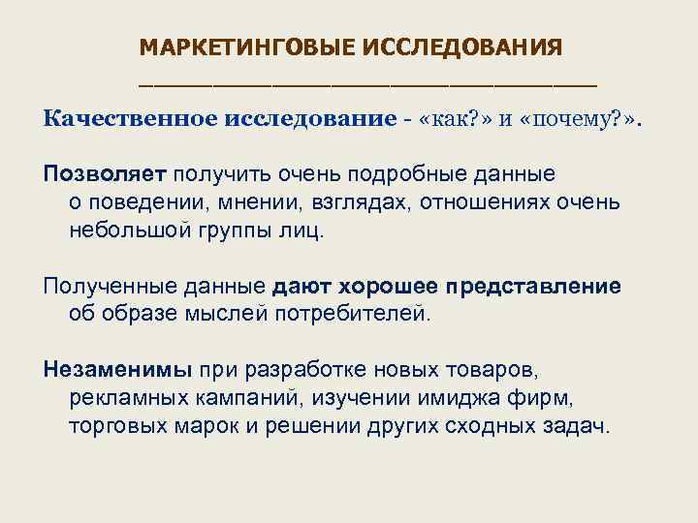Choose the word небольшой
pyautogui.click(x=125, y=232)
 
